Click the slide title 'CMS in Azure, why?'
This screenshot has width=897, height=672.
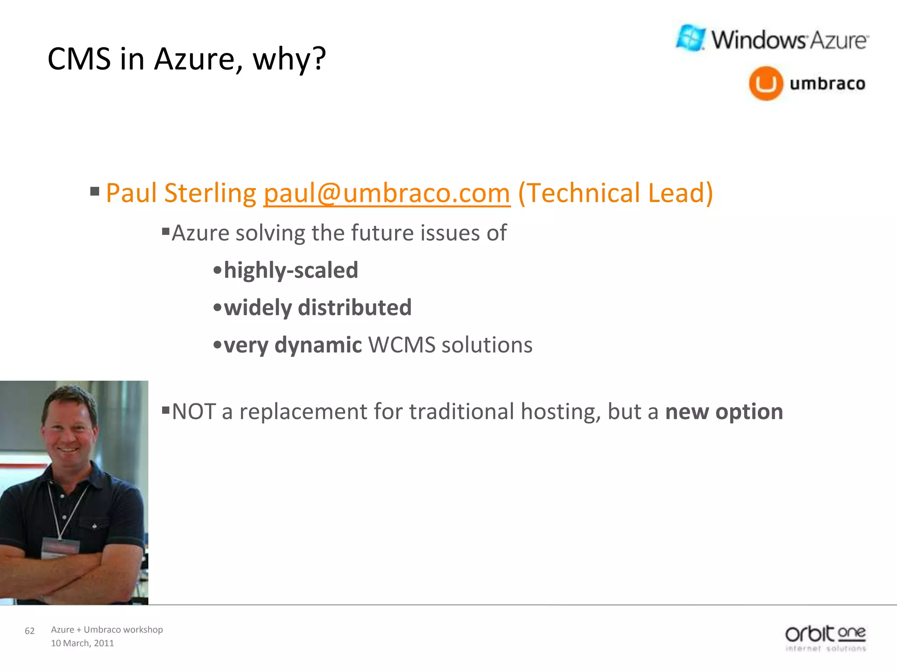tap(187, 59)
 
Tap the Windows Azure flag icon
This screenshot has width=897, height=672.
tap(691, 38)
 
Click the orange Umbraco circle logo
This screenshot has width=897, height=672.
tap(766, 83)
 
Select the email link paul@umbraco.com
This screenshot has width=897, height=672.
tap(387, 193)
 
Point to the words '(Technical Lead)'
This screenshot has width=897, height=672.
tap(615, 193)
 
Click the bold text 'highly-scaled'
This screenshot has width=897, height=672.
tap(291, 270)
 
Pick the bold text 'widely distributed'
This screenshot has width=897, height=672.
tap(318, 308)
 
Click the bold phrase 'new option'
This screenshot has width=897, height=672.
tap(724, 412)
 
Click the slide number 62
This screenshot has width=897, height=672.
tap(30, 631)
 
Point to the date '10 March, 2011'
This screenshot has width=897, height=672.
tap(82, 643)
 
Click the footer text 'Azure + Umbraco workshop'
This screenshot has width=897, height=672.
tap(107, 630)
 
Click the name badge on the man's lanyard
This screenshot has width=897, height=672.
tap(60, 548)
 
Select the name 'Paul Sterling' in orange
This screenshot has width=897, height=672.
tap(181, 193)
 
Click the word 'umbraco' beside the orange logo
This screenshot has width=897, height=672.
tap(827, 84)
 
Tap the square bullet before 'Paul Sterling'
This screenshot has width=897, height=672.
tap(95, 191)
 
